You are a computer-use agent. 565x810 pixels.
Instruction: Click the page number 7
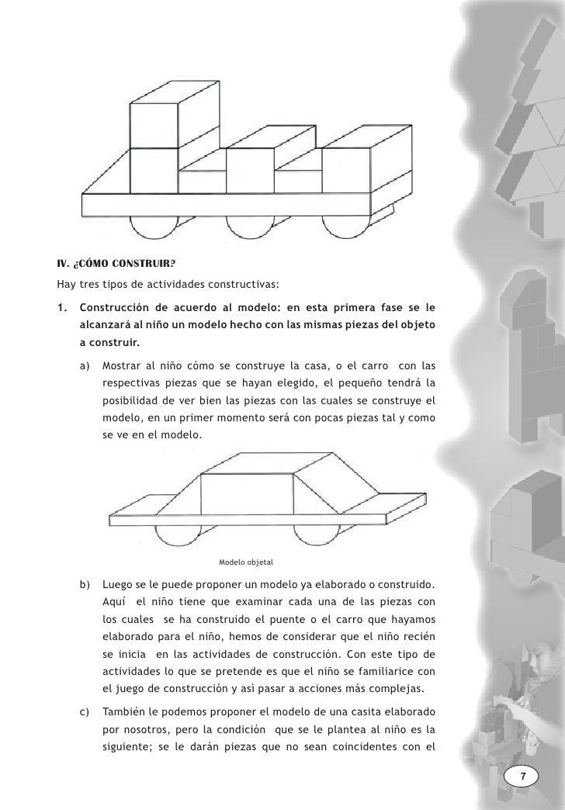523,777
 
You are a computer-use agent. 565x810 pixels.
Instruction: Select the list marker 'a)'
84,365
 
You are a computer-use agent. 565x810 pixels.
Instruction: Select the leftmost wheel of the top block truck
154,227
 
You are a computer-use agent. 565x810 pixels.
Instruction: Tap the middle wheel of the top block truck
250,227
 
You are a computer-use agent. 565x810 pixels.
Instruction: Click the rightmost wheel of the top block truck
347,227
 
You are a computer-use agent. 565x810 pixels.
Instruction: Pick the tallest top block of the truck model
155,124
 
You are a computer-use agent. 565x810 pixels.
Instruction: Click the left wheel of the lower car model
181,535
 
